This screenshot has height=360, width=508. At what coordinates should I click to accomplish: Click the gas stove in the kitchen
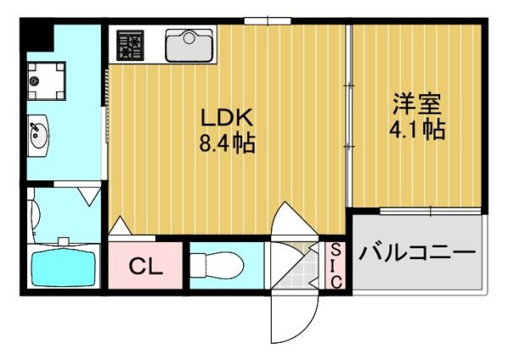(131, 45)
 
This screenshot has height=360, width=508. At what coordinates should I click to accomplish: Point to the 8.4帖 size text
(227, 142)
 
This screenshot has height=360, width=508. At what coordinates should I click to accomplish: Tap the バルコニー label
(415, 252)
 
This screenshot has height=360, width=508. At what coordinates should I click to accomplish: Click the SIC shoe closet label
(334, 265)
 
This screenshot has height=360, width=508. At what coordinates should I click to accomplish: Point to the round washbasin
(39, 136)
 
